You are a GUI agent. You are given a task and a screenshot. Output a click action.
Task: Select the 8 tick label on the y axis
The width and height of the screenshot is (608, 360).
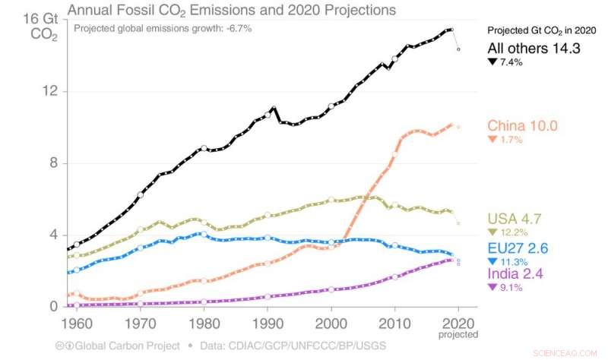click(51, 163)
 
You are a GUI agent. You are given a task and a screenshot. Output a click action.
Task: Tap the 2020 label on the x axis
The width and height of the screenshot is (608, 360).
click(458, 322)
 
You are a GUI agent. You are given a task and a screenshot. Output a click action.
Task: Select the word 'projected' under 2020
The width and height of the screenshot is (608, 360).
click(459, 334)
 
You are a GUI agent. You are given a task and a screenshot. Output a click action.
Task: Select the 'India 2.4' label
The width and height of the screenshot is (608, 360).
click(517, 273)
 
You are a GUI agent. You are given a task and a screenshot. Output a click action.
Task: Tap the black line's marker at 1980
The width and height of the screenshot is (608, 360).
click(204, 148)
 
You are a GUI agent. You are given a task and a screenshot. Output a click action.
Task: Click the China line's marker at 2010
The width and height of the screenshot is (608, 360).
click(394, 154)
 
